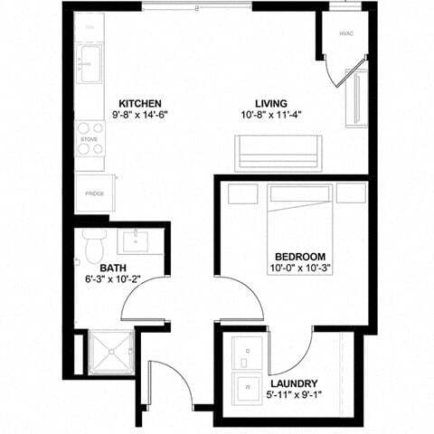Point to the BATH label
click(x=113, y=268)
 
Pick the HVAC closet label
click(x=345, y=34)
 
